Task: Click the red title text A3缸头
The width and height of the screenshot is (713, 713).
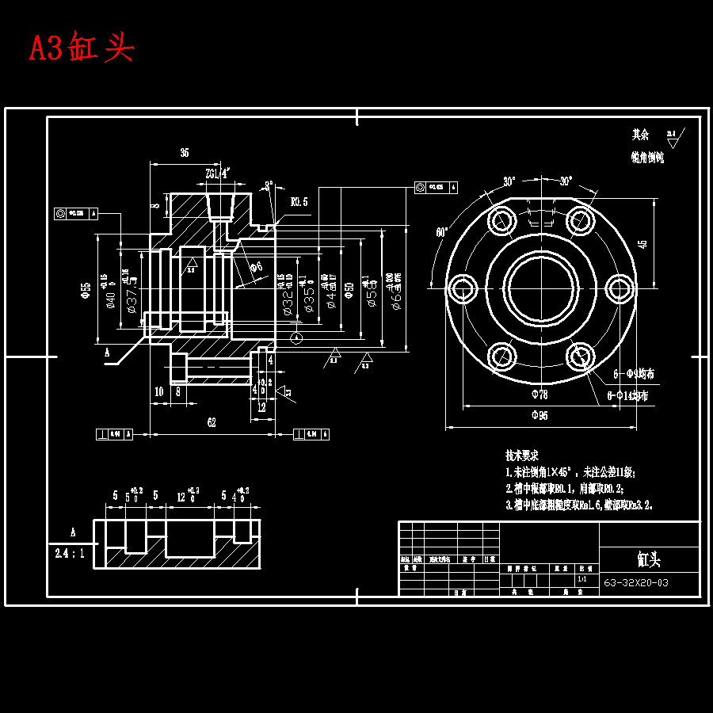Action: (x=82, y=48)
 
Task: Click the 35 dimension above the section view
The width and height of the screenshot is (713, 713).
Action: (x=185, y=152)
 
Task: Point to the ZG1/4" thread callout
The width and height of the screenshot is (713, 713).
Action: (x=216, y=173)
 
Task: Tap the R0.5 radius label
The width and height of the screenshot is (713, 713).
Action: (x=299, y=202)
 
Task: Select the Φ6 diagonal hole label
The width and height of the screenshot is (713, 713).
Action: (x=256, y=266)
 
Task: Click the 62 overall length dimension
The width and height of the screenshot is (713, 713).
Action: (x=212, y=423)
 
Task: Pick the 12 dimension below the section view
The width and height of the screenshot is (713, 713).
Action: (x=262, y=407)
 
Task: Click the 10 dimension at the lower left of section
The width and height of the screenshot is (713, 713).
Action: (x=159, y=391)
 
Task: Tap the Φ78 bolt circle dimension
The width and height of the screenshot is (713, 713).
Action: (x=539, y=394)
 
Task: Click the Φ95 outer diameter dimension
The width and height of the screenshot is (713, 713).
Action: (x=539, y=415)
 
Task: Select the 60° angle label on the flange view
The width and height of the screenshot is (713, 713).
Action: (x=440, y=232)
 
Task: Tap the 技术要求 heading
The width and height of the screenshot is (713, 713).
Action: (x=522, y=456)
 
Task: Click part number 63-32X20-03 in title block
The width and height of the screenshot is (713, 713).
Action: (x=636, y=583)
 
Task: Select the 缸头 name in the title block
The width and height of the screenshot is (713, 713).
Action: (x=649, y=559)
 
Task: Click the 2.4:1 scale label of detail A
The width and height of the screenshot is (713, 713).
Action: (x=70, y=554)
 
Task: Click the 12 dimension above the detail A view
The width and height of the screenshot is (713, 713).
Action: (x=181, y=496)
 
